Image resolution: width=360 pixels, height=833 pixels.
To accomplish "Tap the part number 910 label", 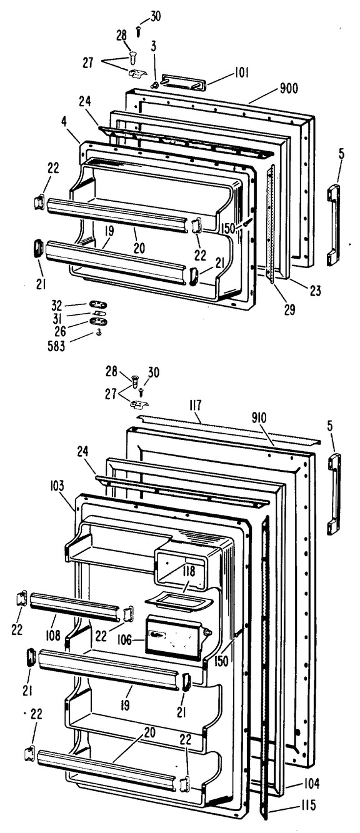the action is [259, 418].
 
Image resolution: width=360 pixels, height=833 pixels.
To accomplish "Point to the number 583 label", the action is [56, 346].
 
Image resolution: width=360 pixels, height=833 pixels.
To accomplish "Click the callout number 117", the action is [195, 404].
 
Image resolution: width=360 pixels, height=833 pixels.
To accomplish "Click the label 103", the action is [56, 486].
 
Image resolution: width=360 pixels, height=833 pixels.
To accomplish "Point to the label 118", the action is [189, 571].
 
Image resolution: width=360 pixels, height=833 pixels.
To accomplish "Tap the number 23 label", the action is [315, 291].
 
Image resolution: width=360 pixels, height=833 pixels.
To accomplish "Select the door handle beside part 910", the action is [334, 494].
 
